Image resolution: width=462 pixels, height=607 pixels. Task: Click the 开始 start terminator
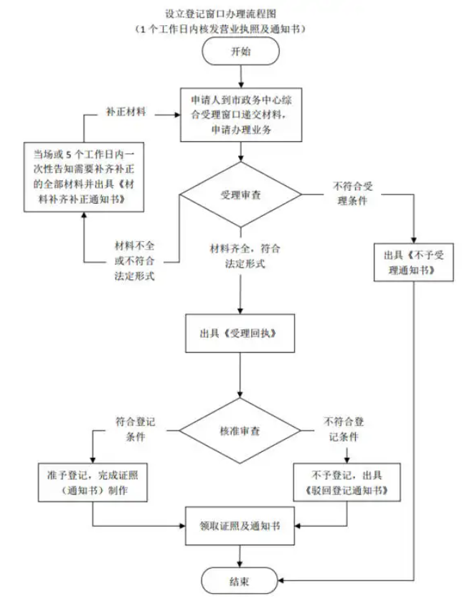pos(239,52)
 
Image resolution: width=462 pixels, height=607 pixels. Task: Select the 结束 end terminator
pos(239,579)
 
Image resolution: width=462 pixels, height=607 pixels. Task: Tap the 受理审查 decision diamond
pos(240,194)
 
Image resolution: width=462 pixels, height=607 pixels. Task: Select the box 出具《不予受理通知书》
pos(415,263)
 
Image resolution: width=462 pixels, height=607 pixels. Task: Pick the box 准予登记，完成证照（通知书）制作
pos(93,483)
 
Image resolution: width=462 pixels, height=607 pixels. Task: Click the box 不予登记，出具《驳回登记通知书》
pos(346,483)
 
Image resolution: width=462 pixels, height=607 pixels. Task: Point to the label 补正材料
pos(126,113)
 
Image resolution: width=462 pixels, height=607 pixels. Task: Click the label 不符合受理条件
pos(350,194)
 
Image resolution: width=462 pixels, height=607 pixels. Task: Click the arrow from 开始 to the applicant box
pos(239,76)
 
